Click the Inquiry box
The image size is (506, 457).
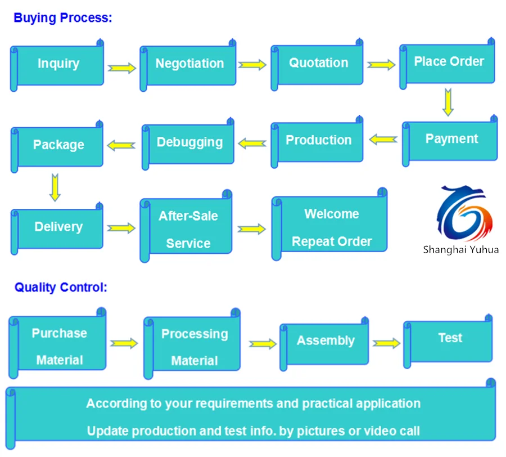pos(58,64)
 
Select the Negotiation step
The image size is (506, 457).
pos(189,64)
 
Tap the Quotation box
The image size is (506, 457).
pos(318,63)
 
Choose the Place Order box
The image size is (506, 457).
pos(449,62)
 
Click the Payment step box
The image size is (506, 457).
pos(451,140)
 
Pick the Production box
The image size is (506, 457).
pos(318,141)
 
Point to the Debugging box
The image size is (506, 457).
pos(189,143)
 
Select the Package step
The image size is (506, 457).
pos(58,145)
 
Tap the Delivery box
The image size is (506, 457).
pos(58,227)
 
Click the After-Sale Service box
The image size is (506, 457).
pos(188,230)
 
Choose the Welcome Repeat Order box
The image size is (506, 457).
pos(331,228)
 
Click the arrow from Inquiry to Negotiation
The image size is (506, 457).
pos(122,68)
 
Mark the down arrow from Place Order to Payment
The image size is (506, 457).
pos(448,102)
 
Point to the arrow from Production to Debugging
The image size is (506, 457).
pos(252,144)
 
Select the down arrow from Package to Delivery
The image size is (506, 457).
pos(55,187)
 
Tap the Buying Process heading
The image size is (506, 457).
pos(63,17)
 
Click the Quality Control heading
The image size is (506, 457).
pos(61,288)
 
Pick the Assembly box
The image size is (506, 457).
pos(325,341)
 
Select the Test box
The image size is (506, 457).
pos(449,338)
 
